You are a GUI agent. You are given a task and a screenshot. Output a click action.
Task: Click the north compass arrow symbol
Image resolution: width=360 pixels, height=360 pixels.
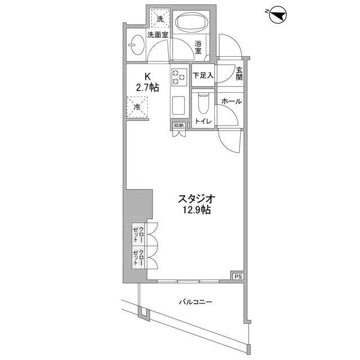pyautogui.click(x=278, y=15)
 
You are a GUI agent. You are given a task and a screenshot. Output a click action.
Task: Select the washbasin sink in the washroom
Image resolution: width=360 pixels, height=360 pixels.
pyautogui.click(x=136, y=45)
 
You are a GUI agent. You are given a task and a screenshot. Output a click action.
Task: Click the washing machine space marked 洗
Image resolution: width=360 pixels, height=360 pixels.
pyautogui.click(x=160, y=19)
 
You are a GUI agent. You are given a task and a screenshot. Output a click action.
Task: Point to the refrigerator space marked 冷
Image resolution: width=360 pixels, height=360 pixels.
pyautogui.click(x=137, y=107)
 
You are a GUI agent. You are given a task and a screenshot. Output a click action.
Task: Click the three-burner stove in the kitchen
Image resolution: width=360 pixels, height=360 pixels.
pyautogui.click(x=179, y=77)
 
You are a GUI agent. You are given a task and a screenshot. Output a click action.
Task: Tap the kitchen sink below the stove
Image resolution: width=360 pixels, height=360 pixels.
pyautogui.click(x=179, y=106)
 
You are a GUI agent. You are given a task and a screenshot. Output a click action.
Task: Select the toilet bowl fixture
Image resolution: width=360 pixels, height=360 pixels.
pyautogui.click(x=203, y=103)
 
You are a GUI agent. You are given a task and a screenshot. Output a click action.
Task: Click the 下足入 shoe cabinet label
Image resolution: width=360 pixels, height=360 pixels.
pyautogui.click(x=203, y=75)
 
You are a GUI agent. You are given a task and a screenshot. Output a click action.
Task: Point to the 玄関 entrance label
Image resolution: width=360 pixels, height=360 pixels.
pyautogui.click(x=239, y=74)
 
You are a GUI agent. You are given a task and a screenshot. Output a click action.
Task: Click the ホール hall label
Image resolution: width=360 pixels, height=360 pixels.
pyautogui.click(x=232, y=101)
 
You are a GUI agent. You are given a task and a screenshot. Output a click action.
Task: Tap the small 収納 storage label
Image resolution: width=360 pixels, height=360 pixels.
pyautogui.click(x=179, y=125)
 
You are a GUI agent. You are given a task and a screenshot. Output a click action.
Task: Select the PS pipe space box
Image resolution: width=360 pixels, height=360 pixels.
pyautogui.click(x=238, y=277)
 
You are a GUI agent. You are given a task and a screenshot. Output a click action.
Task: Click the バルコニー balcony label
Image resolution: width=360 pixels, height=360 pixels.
pyautogui.click(x=196, y=302)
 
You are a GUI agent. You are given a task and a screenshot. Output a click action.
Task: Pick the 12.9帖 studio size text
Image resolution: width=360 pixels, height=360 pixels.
pyautogui.click(x=196, y=210)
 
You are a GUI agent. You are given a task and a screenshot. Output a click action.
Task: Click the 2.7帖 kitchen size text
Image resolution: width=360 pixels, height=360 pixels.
pyautogui.click(x=147, y=88)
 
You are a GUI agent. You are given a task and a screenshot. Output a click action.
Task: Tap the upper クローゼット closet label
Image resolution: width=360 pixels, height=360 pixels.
pyautogui.click(x=139, y=235)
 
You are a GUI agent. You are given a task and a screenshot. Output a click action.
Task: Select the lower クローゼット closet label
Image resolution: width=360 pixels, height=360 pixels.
pyautogui.click(x=139, y=258)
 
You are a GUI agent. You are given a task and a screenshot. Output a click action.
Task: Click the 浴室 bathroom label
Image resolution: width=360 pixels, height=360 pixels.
pyautogui.click(x=198, y=47)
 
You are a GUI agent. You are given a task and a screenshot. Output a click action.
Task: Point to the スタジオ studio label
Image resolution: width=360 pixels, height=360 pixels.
pyautogui.click(x=196, y=199)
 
